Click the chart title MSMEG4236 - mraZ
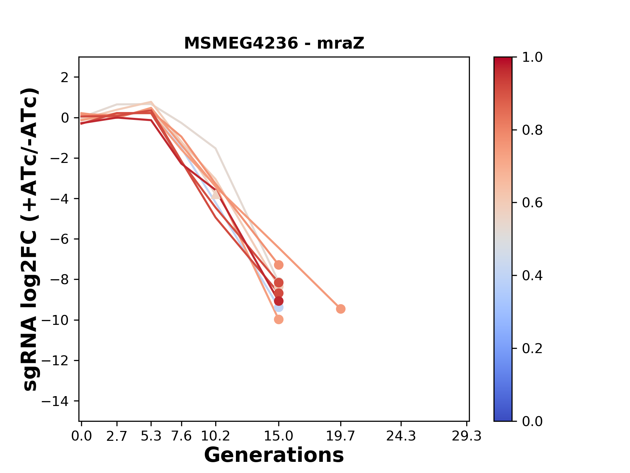tap(274, 43)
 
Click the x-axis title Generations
tap(274, 455)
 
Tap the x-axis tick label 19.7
tap(341, 436)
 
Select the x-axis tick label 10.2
tap(215, 436)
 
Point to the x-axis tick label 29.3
tap(467, 436)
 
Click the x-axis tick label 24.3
tap(401, 436)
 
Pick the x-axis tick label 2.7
tap(117, 436)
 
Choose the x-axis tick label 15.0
tap(279, 436)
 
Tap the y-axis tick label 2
tap(65, 78)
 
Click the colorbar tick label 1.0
tap(532, 57)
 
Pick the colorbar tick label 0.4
tap(532, 276)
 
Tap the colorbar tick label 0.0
tap(532, 421)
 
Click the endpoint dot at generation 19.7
tap(341, 309)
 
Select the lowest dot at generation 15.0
tap(279, 319)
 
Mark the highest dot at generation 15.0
tap(279, 265)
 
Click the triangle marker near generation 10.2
tap(216, 194)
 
